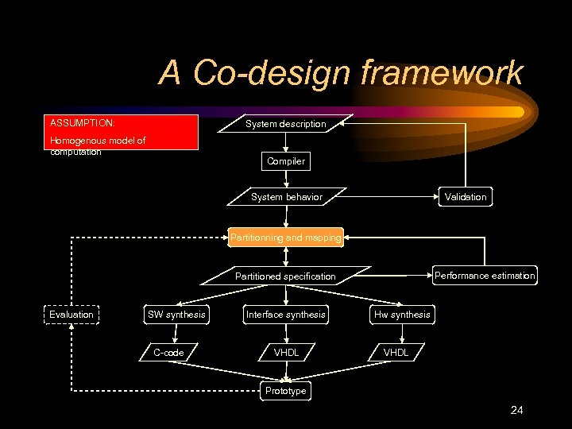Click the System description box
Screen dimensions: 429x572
pyautogui.click(x=286, y=124)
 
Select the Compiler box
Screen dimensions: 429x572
pyautogui.click(x=286, y=161)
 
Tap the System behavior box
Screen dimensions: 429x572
pyautogui.click(x=286, y=197)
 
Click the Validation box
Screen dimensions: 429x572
pyautogui.click(x=465, y=197)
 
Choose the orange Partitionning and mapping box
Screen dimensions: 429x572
pyautogui.click(x=286, y=237)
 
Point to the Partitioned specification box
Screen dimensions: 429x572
pyautogui.click(x=286, y=276)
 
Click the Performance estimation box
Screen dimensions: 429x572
pyautogui.click(x=484, y=276)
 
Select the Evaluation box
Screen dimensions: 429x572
pyautogui.click(x=71, y=315)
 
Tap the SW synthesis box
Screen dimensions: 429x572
pyautogui.click(x=176, y=315)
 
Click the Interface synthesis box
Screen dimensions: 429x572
pyautogui.click(x=286, y=315)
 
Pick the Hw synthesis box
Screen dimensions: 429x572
pyautogui.click(x=402, y=315)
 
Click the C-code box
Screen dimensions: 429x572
pyautogui.click(x=168, y=353)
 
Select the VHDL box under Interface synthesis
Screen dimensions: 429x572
pyautogui.click(x=286, y=353)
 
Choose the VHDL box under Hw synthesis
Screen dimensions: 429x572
pyautogui.click(x=396, y=353)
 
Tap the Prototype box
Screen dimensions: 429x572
pyautogui.click(x=286, y=391)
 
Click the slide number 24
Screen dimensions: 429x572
pyautogui.click(x=516, y=411)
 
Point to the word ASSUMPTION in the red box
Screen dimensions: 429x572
pyautogui.click(x=83, y=124)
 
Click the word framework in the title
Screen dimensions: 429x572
pyautogui.click(x=442, y=73)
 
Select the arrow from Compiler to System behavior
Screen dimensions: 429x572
pyautogui.click(x=286, y=179)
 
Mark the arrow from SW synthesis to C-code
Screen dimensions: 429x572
pyautogui.click(x=174, y=334)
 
